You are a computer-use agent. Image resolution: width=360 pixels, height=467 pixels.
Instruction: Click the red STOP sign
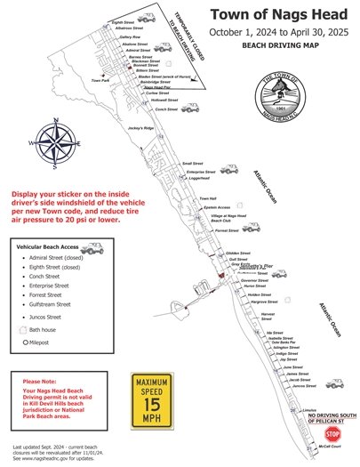pos(332,434)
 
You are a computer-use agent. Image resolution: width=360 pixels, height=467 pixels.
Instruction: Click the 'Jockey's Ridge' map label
pos(142,129)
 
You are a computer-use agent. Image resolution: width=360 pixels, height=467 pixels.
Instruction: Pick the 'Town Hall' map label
pos(207,198)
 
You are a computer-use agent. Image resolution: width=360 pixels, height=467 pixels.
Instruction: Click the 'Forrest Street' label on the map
pos(227,230)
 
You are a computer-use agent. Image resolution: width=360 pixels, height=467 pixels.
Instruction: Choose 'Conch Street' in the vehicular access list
pos(50,277)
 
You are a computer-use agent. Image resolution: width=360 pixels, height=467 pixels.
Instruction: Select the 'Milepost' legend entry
pos(41,342)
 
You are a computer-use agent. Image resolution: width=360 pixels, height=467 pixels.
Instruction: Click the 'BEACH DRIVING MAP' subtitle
pos(275,44)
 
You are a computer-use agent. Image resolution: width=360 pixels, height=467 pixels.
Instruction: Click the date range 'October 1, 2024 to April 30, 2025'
pos(275,31)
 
